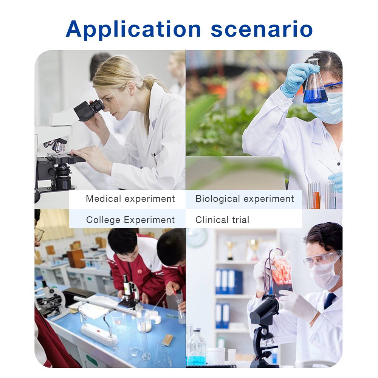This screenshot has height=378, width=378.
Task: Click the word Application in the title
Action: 133,29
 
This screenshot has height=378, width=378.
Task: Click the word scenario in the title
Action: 262,29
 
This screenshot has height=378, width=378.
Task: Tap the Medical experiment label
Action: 130,199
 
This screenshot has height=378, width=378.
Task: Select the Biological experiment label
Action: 245,199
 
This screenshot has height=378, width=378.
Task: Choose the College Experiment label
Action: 130,220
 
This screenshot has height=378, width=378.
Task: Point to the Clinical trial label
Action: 222,220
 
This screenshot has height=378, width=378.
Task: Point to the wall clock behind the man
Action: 197,237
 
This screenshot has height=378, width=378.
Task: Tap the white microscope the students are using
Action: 129,293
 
